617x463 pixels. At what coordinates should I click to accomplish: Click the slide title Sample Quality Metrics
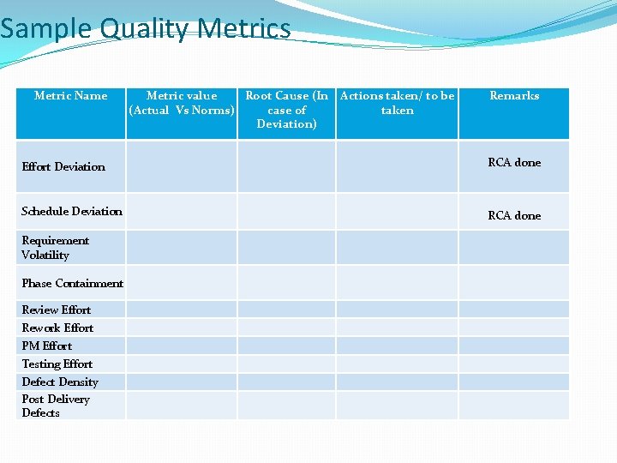(x=146, y=29)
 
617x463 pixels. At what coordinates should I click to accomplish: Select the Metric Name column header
(x=70, y=96)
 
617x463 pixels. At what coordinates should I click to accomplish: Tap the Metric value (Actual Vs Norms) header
(x=182, y=103)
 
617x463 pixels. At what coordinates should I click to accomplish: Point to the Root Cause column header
(x=286, y=110)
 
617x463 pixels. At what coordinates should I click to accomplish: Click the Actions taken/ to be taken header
(x=397, y=103)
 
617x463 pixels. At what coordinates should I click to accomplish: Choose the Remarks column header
(x=514, y=96)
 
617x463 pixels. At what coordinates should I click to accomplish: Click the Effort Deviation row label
(x=63, y=167)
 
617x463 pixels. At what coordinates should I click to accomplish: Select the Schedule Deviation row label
(x=72, y=212)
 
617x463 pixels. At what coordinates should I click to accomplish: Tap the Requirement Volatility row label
(x=55, y=248)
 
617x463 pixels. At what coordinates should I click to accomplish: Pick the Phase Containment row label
(x=72, y=284)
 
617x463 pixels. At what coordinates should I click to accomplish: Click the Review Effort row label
(x=56, y=310)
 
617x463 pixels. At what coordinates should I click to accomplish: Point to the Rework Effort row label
(x=57, y=328)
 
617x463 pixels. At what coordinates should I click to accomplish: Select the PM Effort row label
(x=46, y=346)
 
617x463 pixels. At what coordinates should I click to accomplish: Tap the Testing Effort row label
(x=57, y=364)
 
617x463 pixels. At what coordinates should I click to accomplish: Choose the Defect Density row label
(x=60, y=382)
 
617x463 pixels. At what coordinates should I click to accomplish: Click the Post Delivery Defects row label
(x=55, y=406)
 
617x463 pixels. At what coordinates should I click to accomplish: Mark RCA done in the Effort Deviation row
(x=514, y=163)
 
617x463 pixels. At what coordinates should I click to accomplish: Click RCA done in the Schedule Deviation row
(x=514, y=216)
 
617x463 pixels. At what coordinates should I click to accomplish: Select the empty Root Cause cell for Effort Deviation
(x=286, y=166)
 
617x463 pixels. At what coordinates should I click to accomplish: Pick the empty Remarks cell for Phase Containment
(x=514, y=283)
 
